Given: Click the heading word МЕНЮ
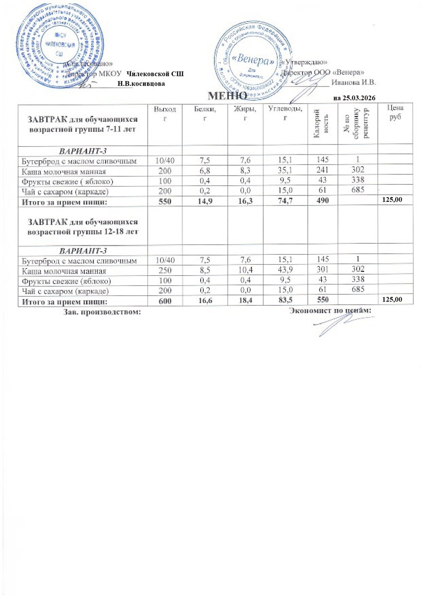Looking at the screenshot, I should click(227, 96).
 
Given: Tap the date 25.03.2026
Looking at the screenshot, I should click(359, 98).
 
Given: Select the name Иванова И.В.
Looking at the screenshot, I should click(353, 82).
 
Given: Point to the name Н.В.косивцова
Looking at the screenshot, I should click(141, 84).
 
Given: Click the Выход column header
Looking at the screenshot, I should click(165, 113).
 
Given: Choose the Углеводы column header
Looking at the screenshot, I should click(285, 113).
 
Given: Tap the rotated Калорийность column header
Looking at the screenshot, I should click(322, 124).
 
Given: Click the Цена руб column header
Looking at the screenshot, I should click(395, 112).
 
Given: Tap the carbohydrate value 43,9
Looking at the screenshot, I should click(285, 269).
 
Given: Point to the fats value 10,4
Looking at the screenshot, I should click(245, 269).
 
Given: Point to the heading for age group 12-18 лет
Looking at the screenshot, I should click(83, 226).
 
